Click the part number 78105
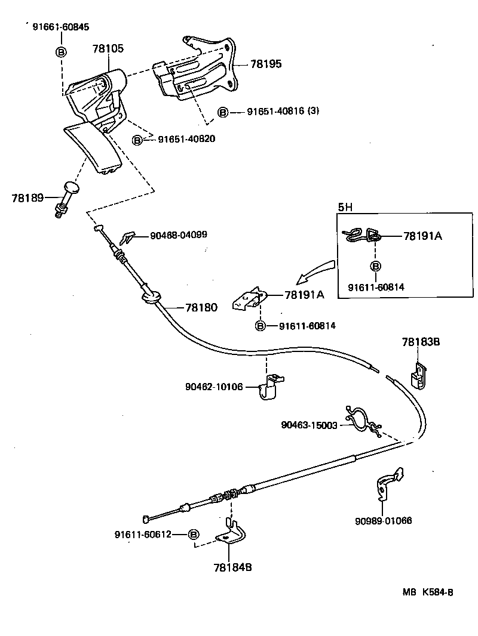click(x=108, y=48)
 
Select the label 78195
click(x=266, y=64)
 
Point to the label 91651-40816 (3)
click(x=283, y=112)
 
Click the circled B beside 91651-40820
click(x=138, y=140)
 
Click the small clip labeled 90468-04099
click(x=128, y=237)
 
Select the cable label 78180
click(x=201, y=307)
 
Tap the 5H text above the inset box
click(x=345, y=208)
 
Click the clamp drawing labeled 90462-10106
click(x=269, y=387)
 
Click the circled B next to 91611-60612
click(x=193, y=534)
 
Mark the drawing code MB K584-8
click(x=427, y=592)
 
